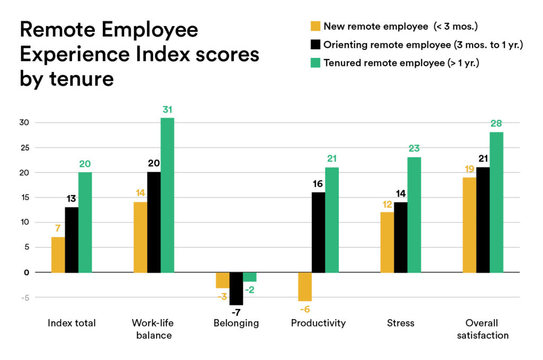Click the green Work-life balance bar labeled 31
167,195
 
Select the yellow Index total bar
58,254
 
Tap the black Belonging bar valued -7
236,288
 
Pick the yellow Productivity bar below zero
304,286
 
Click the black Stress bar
400,237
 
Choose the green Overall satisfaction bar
496,202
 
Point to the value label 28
496,124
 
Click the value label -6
304,309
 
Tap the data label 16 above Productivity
318,183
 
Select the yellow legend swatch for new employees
315,25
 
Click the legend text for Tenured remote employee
406,63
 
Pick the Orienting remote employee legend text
423,45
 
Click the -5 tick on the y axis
24,297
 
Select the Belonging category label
236,323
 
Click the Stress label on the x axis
400,323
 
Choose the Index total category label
72,323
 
